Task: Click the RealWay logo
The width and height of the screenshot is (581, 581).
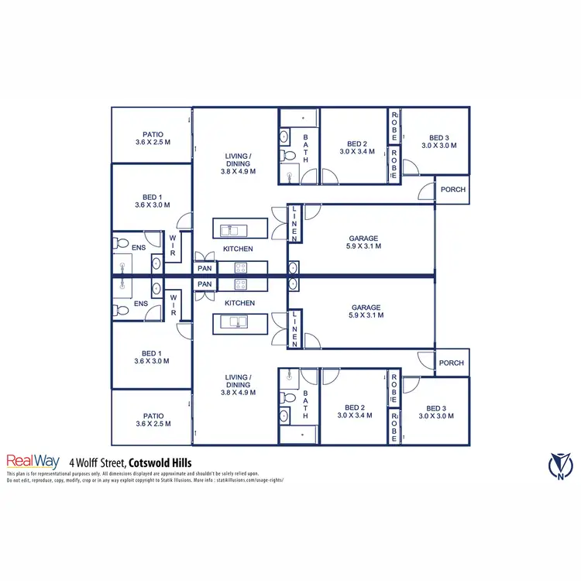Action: (x=33, y=460)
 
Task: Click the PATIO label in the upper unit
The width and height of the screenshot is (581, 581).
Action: (x=152, y=138)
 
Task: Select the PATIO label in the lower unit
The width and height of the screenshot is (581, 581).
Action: (x=152, y=419)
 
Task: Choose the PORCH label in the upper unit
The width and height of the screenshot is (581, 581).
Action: (x=452, y=190)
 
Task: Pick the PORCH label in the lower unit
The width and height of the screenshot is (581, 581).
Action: (x=452, y=363)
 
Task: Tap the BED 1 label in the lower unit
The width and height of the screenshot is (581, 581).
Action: (x=152, y=356)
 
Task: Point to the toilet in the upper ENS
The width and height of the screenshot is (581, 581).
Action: (x=122, y=242)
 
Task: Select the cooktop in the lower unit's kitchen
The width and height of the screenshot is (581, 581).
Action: (x=240, y=284)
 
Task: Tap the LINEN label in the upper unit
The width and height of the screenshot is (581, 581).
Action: (x=295, y=223)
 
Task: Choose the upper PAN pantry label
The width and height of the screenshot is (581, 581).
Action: (x=205, y=268)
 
